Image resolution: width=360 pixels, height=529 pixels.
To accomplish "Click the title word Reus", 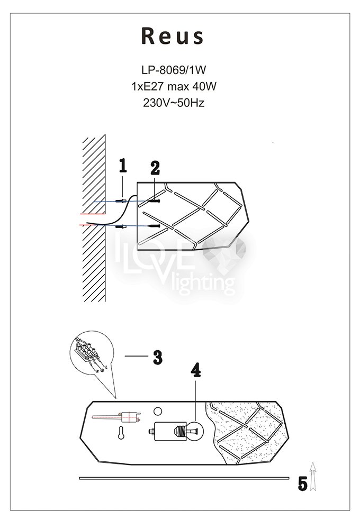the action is [173, 36].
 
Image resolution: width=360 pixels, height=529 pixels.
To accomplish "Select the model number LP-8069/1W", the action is [174, 70].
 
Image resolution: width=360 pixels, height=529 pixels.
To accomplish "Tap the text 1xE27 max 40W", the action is [174, 86].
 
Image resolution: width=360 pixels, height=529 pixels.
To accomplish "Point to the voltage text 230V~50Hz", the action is [174, 103].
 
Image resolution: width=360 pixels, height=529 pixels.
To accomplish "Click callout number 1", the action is [123, 166].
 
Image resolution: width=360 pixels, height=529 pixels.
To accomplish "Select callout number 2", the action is [155, 168].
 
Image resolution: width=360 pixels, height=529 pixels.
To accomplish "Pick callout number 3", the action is [157, 357].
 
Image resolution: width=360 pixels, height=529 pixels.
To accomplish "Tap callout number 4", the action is [195, 370].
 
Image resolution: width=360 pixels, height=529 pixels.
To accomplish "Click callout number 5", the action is [303, 484].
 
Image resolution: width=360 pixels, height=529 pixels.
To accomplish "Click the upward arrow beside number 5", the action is [313, 477].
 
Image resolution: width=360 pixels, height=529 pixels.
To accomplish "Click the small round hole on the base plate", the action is [157, 411].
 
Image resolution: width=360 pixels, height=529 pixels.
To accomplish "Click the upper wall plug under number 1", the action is [121, 201].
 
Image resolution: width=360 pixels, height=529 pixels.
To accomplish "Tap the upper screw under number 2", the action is [153, 201].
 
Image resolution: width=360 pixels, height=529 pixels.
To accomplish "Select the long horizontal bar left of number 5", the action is [184, 478].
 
